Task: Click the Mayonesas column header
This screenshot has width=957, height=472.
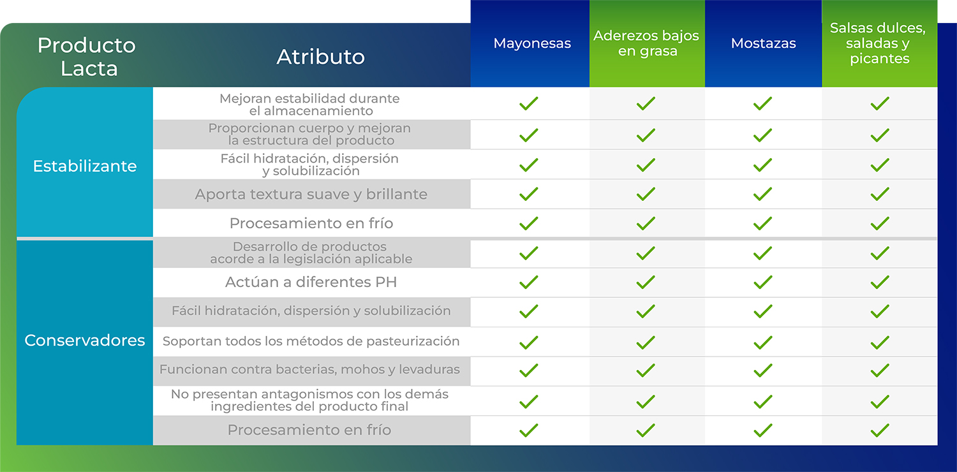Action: (532, 43)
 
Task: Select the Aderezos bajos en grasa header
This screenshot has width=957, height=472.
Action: (646, 43)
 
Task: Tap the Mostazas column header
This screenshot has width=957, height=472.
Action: (763, 43)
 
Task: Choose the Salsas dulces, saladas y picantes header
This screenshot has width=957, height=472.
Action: (878, 43)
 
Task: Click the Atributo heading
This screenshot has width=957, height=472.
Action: (320, 57)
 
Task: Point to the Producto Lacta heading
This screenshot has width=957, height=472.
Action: (87, 57)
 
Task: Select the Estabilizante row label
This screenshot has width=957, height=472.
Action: (85, 166)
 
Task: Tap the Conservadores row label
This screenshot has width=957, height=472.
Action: (85, 341)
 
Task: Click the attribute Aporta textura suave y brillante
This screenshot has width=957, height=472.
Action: (311, 195)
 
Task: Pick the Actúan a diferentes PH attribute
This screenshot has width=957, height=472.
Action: (311, 282)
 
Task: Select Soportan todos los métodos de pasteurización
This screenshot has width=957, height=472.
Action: (311, 341)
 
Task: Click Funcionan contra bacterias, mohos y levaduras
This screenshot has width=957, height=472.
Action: (309, 369)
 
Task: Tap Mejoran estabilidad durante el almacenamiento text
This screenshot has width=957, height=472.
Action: (309, 105)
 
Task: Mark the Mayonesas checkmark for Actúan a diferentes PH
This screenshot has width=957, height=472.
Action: (528, 283)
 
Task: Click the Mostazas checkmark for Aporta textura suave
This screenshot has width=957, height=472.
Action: (762, 195)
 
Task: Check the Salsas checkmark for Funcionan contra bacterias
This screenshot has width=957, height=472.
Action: (880, 371)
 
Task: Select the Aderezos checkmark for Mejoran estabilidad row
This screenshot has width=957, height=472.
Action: (646, 103)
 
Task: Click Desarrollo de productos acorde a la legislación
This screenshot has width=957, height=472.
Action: (311, 253)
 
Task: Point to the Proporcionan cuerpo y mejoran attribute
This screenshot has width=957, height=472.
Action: (309, 134)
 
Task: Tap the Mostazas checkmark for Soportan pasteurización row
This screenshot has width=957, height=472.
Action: (762, 343)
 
